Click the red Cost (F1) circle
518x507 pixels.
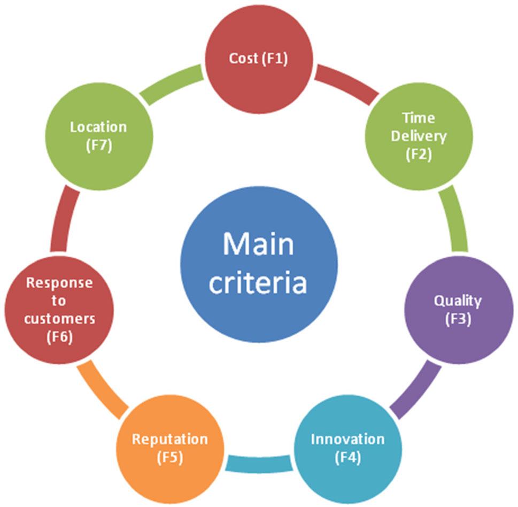click(259, 59)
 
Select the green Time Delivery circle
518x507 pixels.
click(419, 136)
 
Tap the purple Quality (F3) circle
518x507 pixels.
click(459, 310)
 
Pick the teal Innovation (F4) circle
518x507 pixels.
click(348, 449)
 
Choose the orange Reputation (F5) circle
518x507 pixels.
click(170, 449)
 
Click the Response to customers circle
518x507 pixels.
click(59, 310)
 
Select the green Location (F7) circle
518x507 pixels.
click(99, 136)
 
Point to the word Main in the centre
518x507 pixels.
click(258, 244)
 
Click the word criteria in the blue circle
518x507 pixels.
click(258, 282)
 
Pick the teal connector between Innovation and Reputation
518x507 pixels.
click(259, 463)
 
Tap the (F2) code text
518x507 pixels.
click(419, 155)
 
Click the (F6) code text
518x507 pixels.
click(59, 337)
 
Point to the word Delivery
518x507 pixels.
click(419, 136)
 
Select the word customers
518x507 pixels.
click(59, 319)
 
